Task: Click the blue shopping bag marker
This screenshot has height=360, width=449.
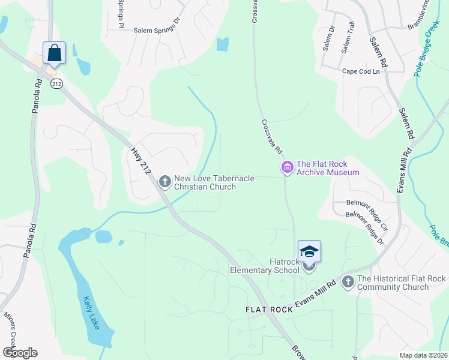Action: [x=54, y=53]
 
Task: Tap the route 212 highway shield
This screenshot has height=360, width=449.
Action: [x=56, y=83]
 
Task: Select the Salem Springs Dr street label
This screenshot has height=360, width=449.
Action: [x=157, y=29]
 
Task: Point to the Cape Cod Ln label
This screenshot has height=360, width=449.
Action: [x=361, y=71]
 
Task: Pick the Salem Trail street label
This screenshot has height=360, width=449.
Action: [x=348, y=37]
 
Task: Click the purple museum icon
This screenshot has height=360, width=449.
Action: [x=287, y=167]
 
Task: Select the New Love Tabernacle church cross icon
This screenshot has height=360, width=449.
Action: [x=164, y=181]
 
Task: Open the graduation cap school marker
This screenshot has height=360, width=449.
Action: [x=309, y=251]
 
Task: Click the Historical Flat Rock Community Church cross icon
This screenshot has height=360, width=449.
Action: [x=348, y=281]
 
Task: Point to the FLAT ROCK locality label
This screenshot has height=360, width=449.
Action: [x=268, y=310]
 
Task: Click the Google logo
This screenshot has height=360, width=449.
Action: [x=20, y=352]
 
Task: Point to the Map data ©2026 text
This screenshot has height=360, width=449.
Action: [x=423, y=355]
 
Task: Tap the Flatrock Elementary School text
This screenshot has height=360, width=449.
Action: [x=265, y=266]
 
